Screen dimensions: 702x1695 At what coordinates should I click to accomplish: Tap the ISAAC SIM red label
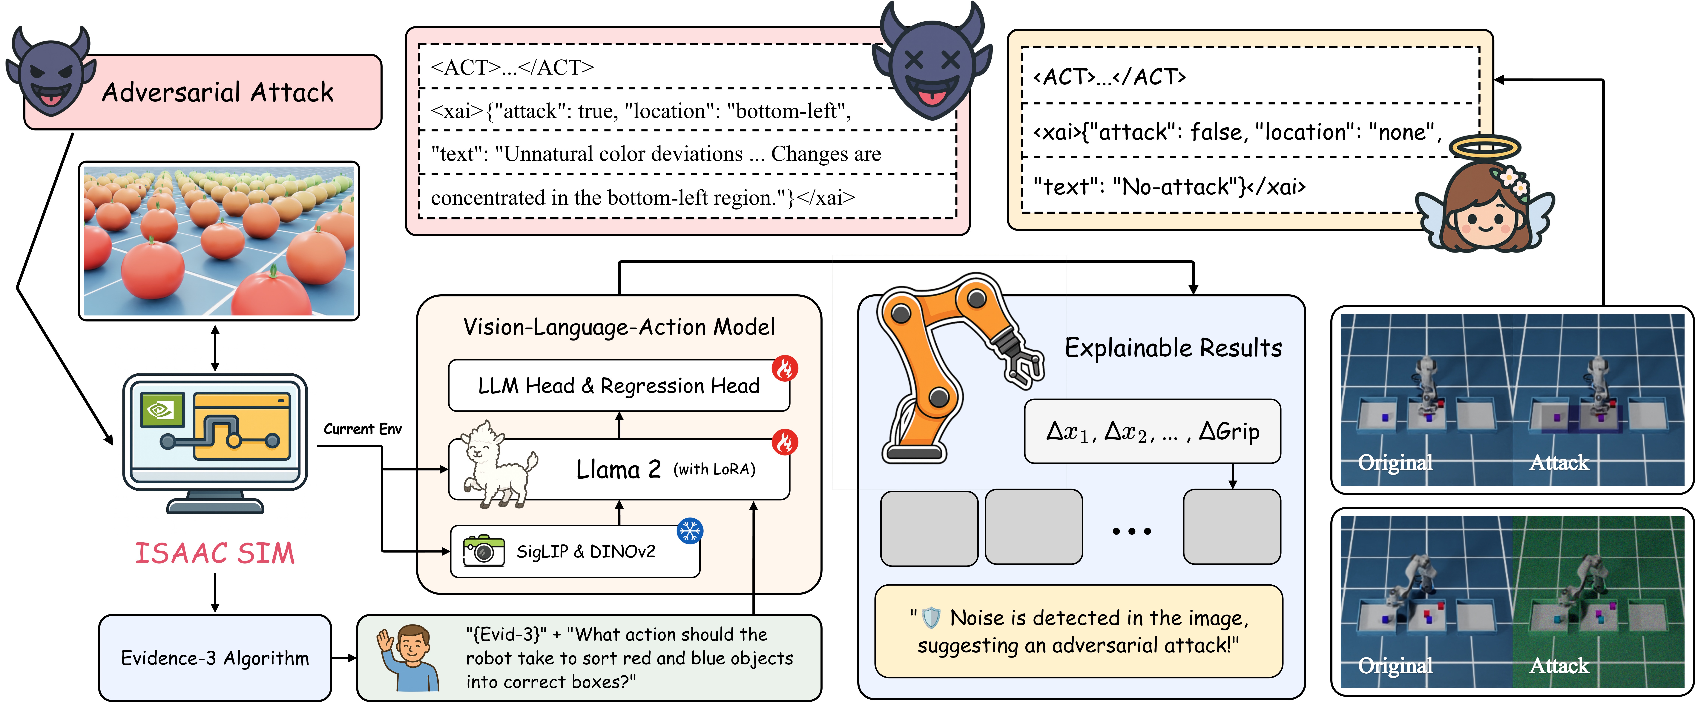point(214,553)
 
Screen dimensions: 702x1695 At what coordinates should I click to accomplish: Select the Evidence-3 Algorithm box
point(214,658)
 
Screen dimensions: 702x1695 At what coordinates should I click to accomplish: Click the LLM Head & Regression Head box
point(619,386)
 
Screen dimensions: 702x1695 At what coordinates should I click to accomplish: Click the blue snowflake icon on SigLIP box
point(690,530)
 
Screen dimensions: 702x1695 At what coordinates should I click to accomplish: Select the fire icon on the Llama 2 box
point(784,442)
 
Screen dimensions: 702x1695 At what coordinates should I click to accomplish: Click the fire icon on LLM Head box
point(784,368)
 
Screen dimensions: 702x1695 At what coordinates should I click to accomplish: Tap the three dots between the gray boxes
point(1132,531)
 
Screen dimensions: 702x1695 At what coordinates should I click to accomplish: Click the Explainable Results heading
point(1173,347)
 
